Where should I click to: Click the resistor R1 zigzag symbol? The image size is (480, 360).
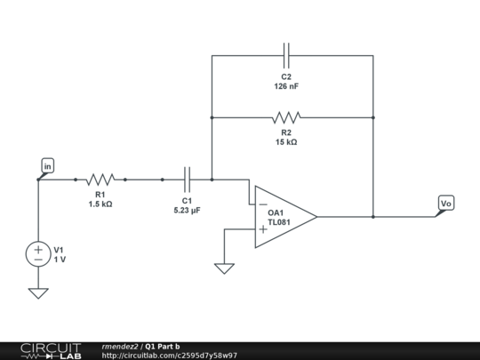pyautogui.click(x=100, y=179)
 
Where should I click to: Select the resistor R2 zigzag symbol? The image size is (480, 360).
pyautogui.click(x=286, y=117)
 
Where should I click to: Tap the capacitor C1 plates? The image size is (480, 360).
pyautogui.click(x=188, y=179)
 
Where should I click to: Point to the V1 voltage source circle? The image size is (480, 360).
pyautogui.click(x=38, y=252)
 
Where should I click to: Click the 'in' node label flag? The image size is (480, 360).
pyautogui.click(x=47, y=165)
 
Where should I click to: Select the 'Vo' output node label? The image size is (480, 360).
pyautogui.click(x=446, y=204)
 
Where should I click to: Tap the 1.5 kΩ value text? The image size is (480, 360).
pyautogui.click(x=100, y=204)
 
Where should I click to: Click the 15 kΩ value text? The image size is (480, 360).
pyautogui.click(x=286, y=141)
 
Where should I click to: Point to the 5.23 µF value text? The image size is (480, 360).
pyautogui.click(x=188, y=211)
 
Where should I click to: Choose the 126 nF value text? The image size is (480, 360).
pyautogui.click(x=286, y=87)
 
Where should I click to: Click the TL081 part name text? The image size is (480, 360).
pyautogui.click(x=279, y=222)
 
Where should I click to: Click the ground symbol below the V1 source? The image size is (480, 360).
pyautogui.click(x=38, y=292)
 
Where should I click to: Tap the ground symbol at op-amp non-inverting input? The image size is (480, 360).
pyautogui.click(x=225, y=267)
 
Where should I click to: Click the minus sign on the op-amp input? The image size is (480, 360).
pyautogui.click(x=263, y=204)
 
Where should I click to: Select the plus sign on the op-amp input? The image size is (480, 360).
pyautogui.click(x=263, y=229)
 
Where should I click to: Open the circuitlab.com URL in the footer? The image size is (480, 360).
pyautogui.click(x=169, y=355)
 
